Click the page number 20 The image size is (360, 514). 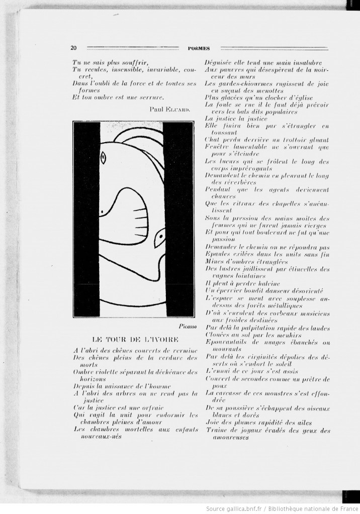coord(73,48)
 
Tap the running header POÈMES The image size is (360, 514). coord(198,49)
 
